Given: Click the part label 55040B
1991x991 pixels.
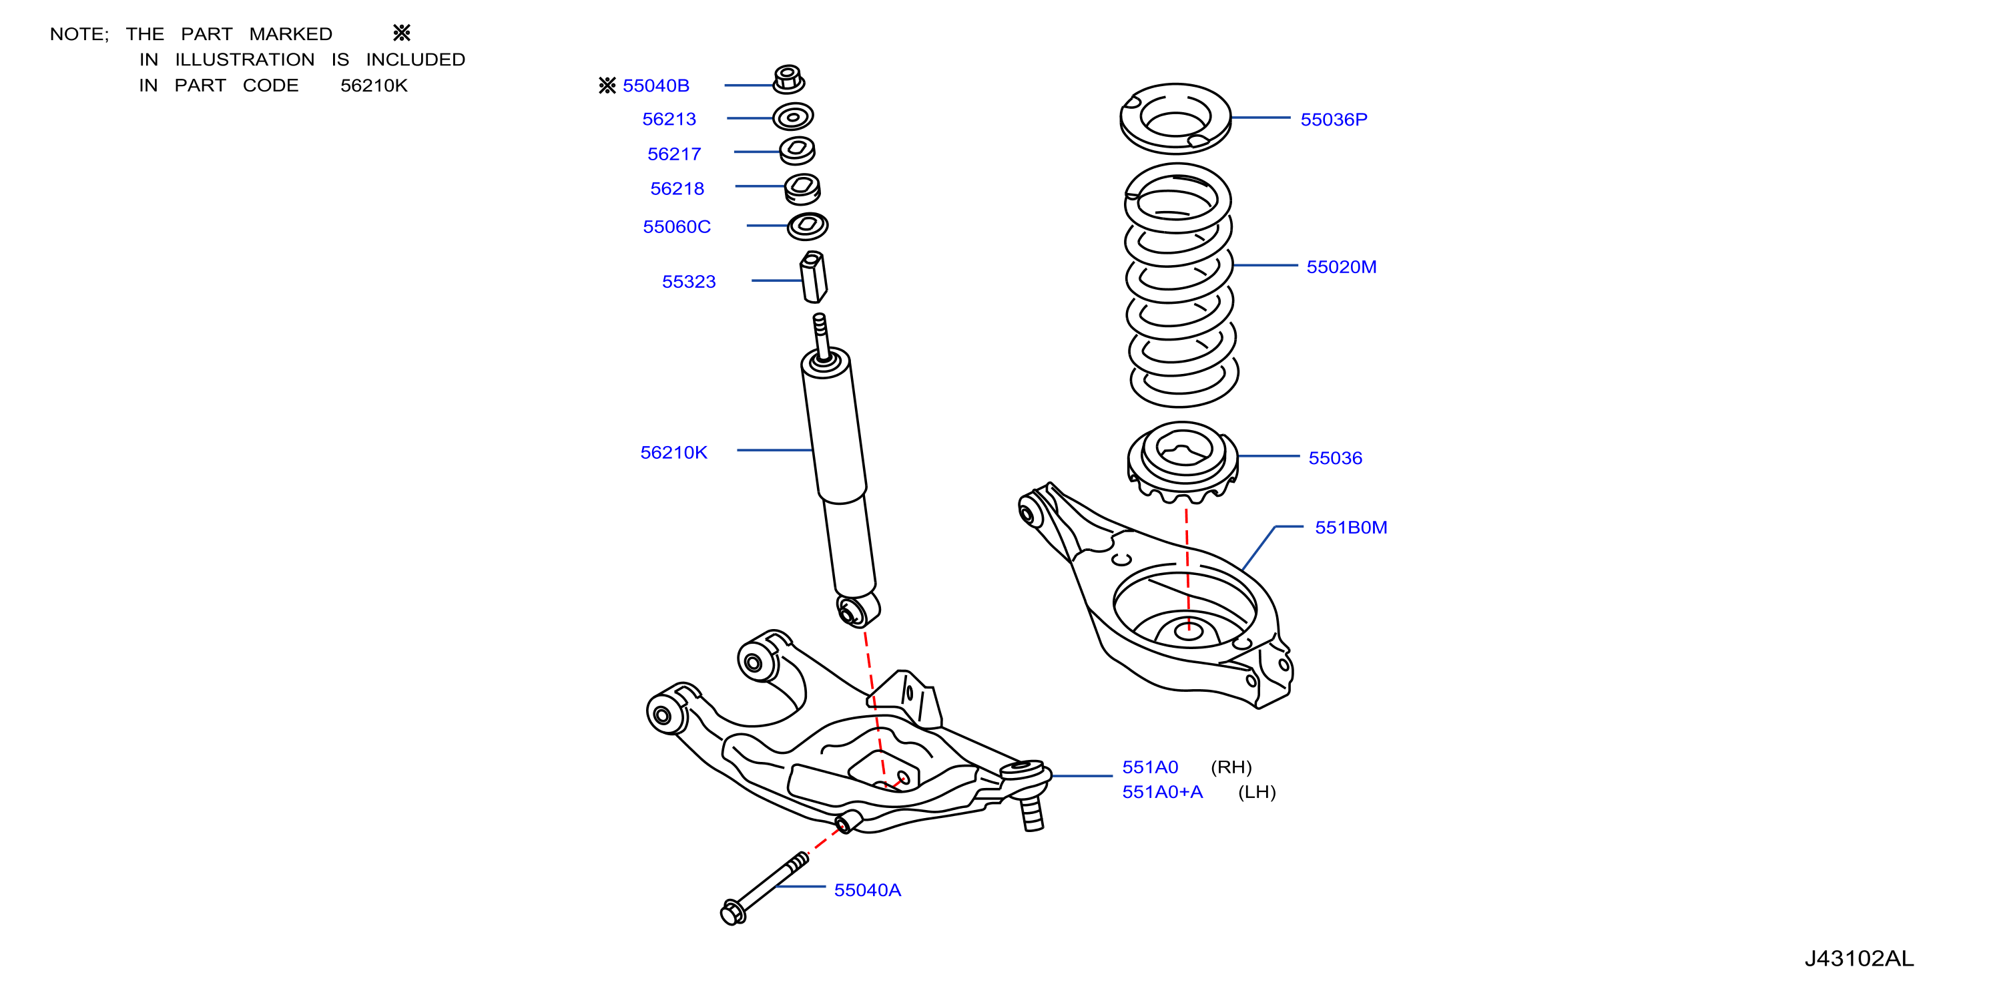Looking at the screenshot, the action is (655, 85).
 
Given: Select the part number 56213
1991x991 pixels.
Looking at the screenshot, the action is (669, 119).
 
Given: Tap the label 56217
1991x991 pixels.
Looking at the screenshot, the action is (674, 154).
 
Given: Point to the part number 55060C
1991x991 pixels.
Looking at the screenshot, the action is (676, 226).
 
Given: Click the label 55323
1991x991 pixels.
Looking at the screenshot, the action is (689, 281).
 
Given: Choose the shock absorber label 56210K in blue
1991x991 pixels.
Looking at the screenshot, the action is (673, 452).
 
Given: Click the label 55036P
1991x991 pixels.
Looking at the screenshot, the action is (1334, 119).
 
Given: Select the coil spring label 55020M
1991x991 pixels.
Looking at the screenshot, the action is (1341, 266).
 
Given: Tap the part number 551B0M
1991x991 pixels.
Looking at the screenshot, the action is (1350, 527).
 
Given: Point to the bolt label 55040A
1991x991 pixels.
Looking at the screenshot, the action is (867, 889).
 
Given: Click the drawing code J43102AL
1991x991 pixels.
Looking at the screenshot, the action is (1859, 958).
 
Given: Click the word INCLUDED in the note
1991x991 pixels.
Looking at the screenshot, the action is (415, 59).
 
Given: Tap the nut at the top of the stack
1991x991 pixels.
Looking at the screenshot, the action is (788, 79).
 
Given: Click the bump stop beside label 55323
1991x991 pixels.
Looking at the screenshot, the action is (813, 276).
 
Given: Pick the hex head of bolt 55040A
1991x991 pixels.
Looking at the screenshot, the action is (732, 912).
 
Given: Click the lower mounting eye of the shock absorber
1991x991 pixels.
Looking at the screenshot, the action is (857, 610).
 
